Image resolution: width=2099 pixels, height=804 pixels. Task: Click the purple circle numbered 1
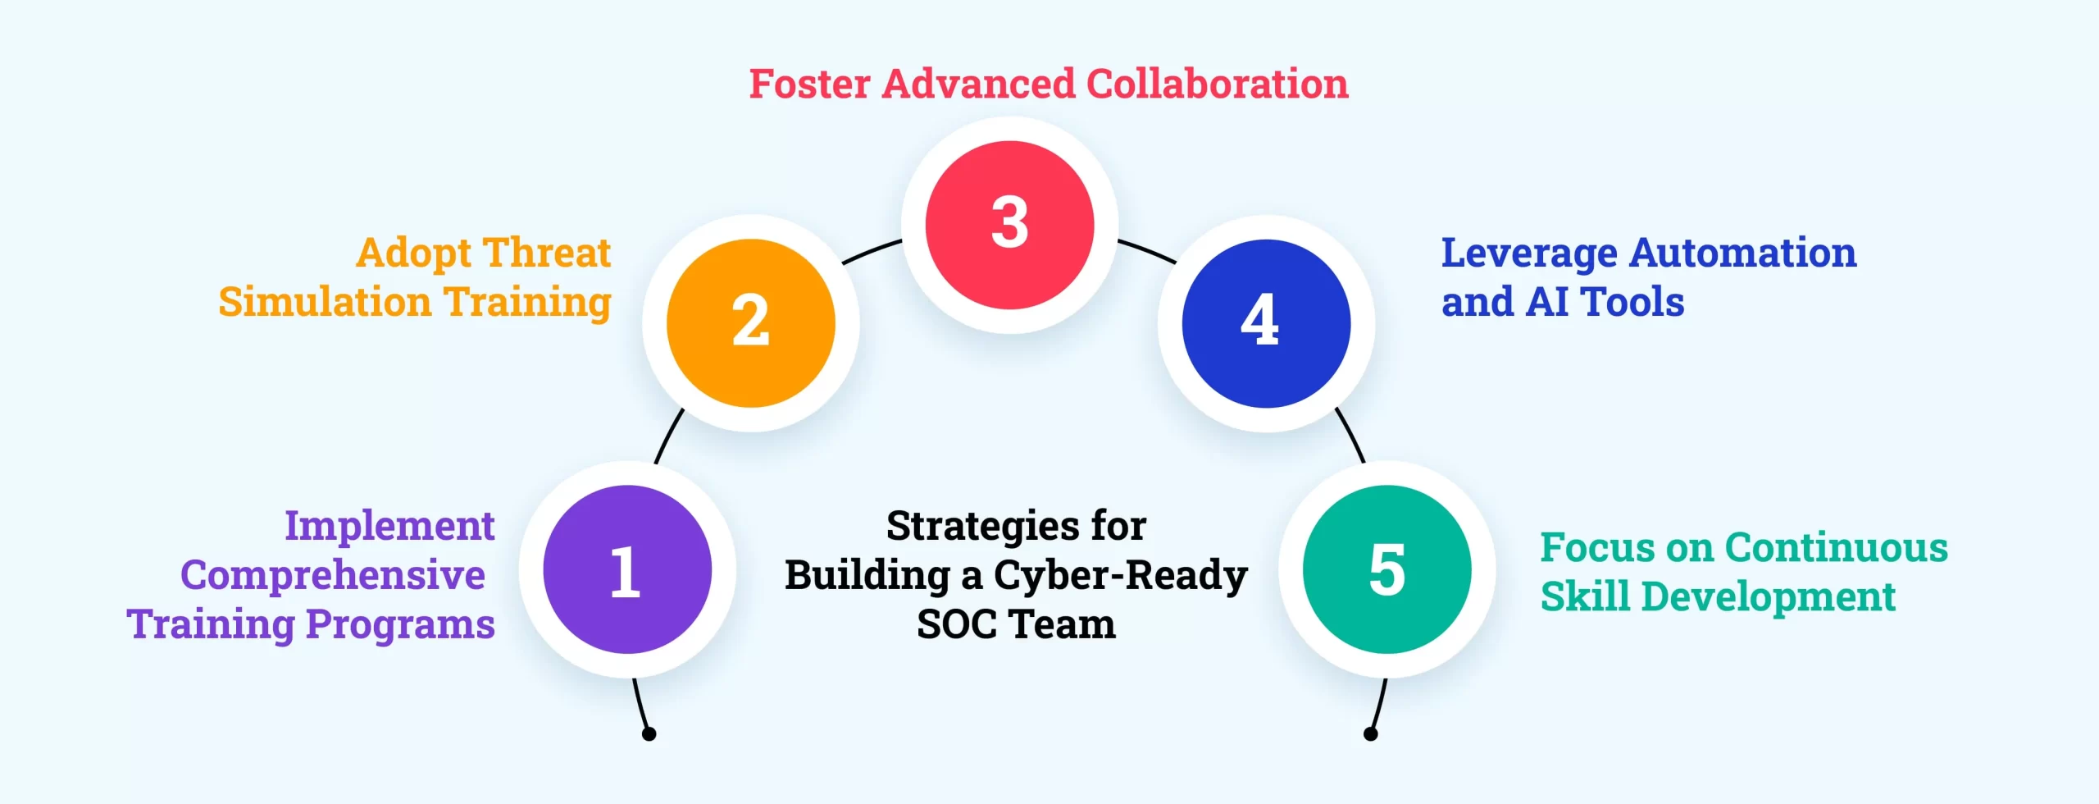627,569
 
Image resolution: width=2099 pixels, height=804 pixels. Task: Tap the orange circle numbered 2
751,323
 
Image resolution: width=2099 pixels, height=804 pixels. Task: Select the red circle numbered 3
1010,225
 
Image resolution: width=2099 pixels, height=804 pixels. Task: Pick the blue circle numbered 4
1266,323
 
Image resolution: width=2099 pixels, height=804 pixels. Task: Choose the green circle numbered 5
1387,569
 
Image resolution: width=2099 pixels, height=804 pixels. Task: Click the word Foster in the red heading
810,85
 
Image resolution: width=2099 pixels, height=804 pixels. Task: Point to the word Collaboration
1218,85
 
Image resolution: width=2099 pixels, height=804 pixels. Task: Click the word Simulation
325,302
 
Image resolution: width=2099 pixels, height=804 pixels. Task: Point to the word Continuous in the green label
1837,547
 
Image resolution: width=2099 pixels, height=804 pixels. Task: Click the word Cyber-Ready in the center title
1121,576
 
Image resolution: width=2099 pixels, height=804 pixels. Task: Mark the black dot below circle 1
649,734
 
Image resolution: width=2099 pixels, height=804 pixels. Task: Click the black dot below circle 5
1370,734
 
